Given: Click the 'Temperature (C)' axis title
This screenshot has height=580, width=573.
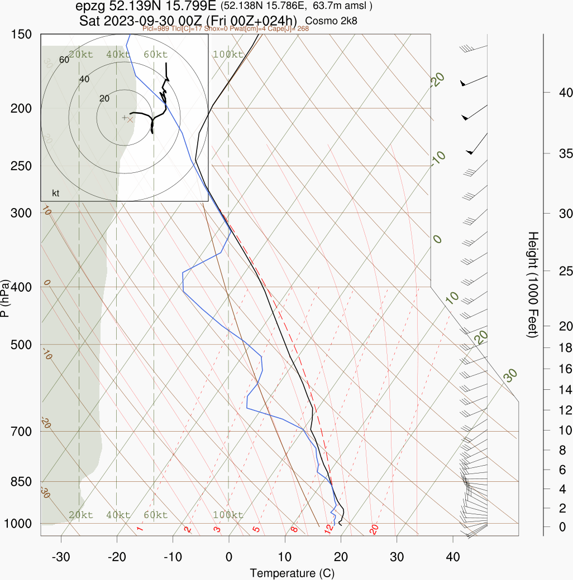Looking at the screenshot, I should [x=292, y=573].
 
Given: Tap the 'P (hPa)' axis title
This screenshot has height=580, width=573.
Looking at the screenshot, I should [x=6, y=298].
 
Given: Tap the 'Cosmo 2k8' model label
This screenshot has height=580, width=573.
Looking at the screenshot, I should [x=332, y=21].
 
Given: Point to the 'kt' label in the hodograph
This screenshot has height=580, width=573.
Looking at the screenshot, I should [x=56, y=194].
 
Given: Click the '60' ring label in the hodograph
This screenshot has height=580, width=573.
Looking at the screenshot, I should [x=64, y=60].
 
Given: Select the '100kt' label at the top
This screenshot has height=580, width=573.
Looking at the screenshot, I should [x=228, y=55].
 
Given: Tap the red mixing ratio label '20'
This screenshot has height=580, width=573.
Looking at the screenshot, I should [x=374, y=529].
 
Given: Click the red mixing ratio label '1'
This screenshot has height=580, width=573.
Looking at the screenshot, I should [x=140, y=529].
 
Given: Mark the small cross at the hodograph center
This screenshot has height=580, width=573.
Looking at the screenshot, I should [x=125, y=117].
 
